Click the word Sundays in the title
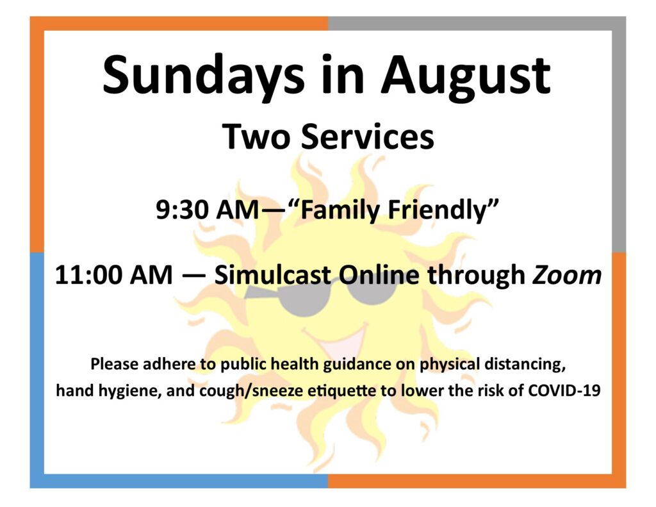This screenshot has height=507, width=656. (204, 76)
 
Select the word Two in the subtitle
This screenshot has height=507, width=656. (256, 137)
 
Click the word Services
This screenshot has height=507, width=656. (368, 137)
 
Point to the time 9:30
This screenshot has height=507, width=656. (182, 210)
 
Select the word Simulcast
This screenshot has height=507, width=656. (272, 274)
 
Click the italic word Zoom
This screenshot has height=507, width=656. (567, 275)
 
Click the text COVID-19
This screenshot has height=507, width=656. (564, 390)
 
